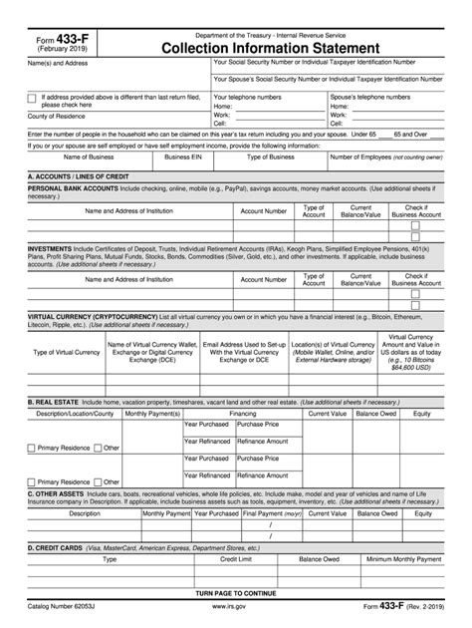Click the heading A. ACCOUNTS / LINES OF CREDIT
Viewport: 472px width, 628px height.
click(x=79, y=174)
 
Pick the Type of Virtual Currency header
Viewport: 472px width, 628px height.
click(x=66, y=352)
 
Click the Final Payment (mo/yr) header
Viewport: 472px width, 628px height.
click(x=272, y=514)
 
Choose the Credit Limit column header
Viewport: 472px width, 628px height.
click(x=234, y=559)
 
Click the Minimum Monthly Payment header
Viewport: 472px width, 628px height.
click(x=404, y=559)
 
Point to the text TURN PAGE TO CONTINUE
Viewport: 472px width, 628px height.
click(x=235, y=593)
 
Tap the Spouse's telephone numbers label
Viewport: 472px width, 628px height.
click(x=370, y=97)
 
